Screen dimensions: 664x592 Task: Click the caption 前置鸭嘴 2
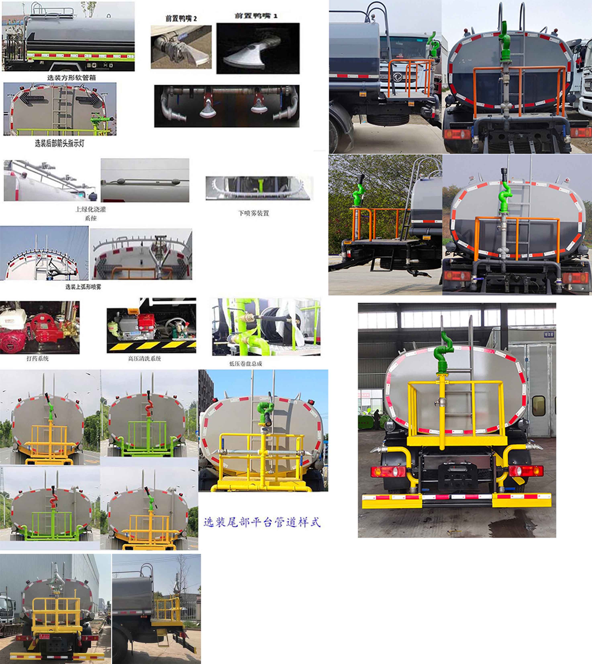point(181,18)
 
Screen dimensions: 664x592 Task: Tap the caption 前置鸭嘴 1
point(256,16)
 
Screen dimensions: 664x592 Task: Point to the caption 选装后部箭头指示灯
point(59,143)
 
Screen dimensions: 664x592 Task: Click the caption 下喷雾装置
point(253,213)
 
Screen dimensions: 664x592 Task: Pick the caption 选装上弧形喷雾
point(83,287)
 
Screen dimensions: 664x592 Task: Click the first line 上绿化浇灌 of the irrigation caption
point(91,209)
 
